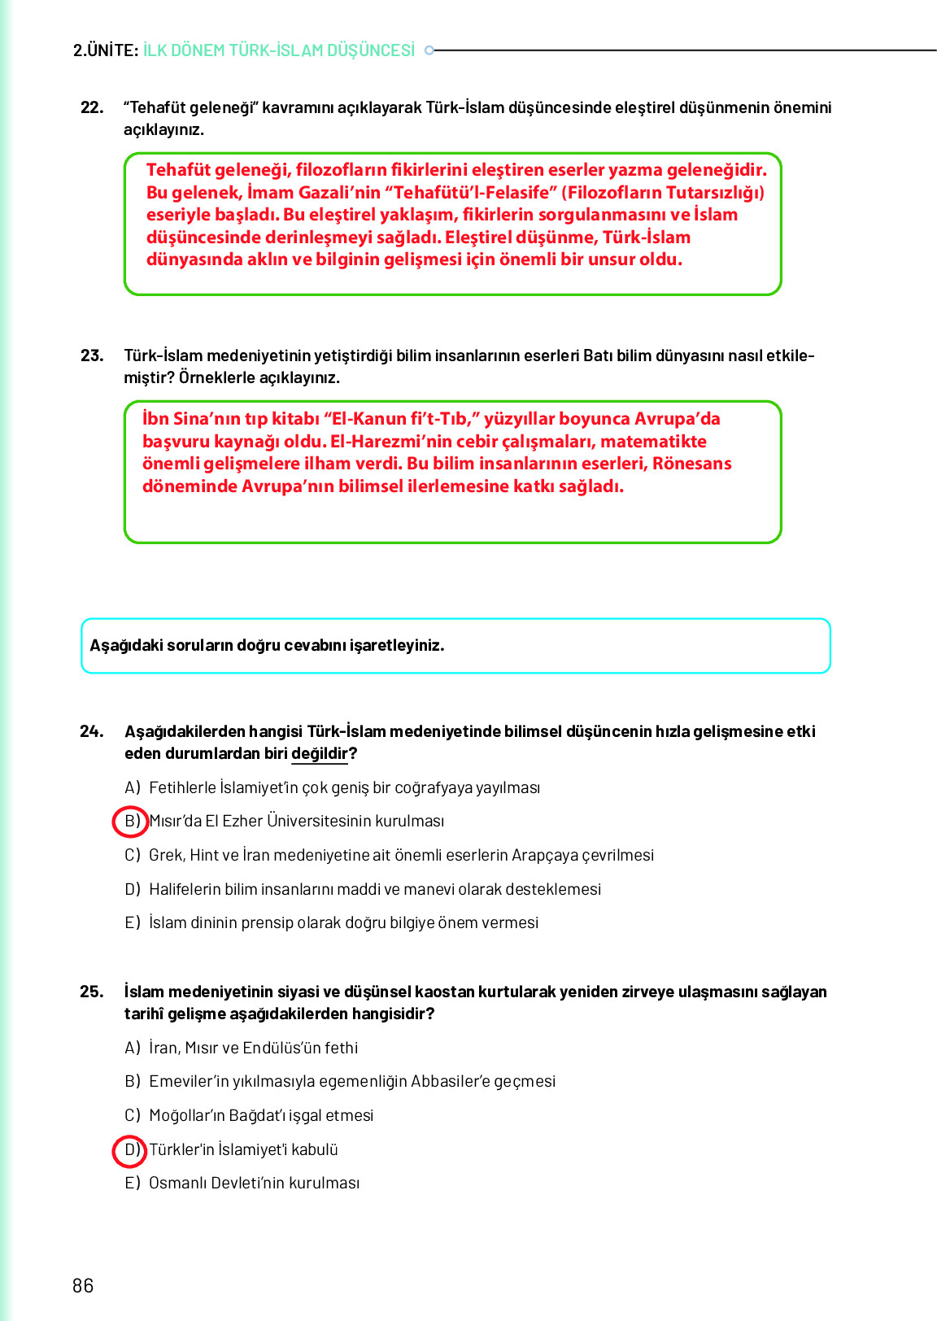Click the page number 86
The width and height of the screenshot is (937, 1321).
[83, 1285]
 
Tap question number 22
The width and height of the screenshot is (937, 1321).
[92, 107]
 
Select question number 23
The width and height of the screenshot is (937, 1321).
[92, 355]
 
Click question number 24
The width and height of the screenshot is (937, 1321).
[92, 731]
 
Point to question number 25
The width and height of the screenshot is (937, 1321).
[92, 992]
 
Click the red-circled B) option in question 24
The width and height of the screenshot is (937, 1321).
[130, 822]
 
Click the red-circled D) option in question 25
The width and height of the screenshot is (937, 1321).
[130, 1150]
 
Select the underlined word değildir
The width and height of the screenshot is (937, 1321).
[319, 754]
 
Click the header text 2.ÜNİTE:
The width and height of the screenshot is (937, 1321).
[105, 50]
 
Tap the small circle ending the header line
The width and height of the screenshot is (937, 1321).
[430, 50]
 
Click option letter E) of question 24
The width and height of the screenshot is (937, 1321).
[133, 923]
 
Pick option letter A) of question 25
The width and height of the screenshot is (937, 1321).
[133, 1049]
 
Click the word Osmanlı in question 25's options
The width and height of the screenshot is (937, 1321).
[177, 1184]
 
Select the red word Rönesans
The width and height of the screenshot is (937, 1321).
[691, 464]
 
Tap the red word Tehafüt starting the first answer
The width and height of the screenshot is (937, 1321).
[178, 170]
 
